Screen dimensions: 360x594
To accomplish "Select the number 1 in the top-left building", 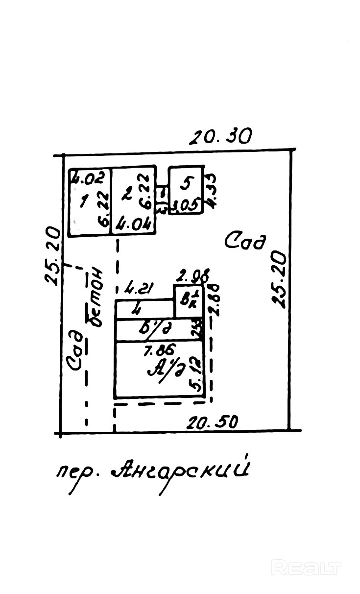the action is point(84,201).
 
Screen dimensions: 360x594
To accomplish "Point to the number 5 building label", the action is point(186,184).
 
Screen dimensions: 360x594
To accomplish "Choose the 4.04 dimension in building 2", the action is point(132,226).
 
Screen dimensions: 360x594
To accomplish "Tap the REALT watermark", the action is point(306,568).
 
